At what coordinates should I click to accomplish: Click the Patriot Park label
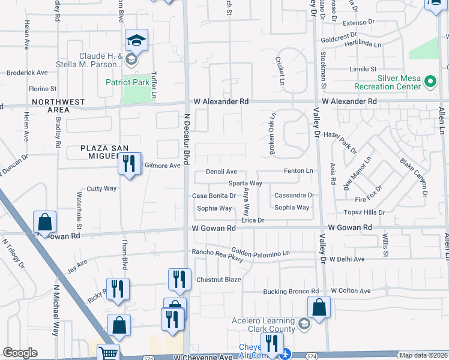(x=127, y=82)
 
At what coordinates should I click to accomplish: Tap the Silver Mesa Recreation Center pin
(x=430, y=81)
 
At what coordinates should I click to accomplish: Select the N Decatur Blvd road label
(x=187, y=139)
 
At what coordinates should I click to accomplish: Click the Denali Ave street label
(x=221, y=172)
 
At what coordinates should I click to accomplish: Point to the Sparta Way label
(x=244, y=183)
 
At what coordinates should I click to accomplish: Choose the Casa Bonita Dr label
(x=214, y=196)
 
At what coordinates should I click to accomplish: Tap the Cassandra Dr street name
(x=294, y=196)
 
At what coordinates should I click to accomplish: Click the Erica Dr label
(x=253, y=220)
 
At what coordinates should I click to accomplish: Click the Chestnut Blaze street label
(x=218, y=280)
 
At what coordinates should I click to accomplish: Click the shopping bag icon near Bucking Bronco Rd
(x=319, y=307)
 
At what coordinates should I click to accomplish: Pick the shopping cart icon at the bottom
(x=107, y=353)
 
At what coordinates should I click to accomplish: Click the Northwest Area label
(x=59, y=106)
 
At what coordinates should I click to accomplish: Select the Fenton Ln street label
(x=298, y=171)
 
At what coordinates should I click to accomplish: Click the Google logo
(x=20, y=353)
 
